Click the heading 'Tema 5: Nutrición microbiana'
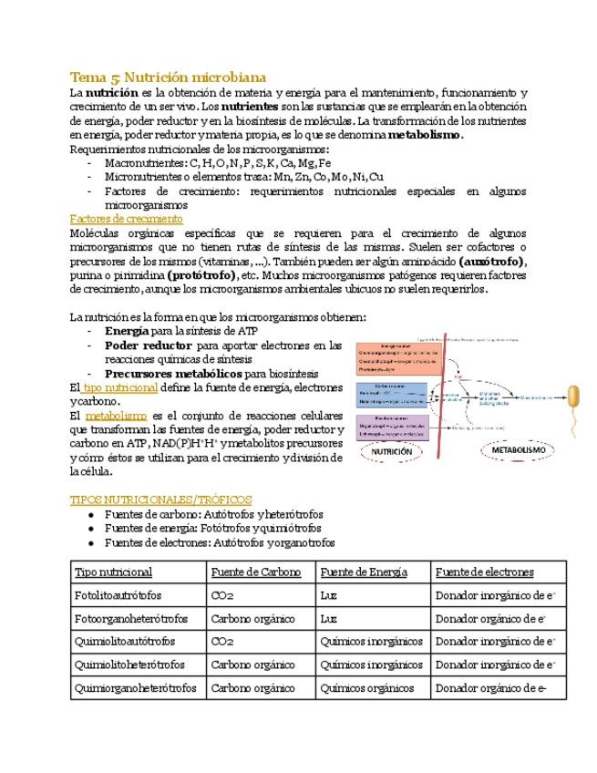click(168, 77)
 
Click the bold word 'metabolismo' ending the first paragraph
click(425, 135)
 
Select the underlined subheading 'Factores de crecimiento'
click(126, 219)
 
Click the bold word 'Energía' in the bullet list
click(127, 331)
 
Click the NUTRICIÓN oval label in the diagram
click(392, 450)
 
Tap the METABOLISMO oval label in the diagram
click(518, 450)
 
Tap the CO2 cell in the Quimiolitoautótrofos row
click(222, 642)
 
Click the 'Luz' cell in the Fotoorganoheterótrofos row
click(329, 619)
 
